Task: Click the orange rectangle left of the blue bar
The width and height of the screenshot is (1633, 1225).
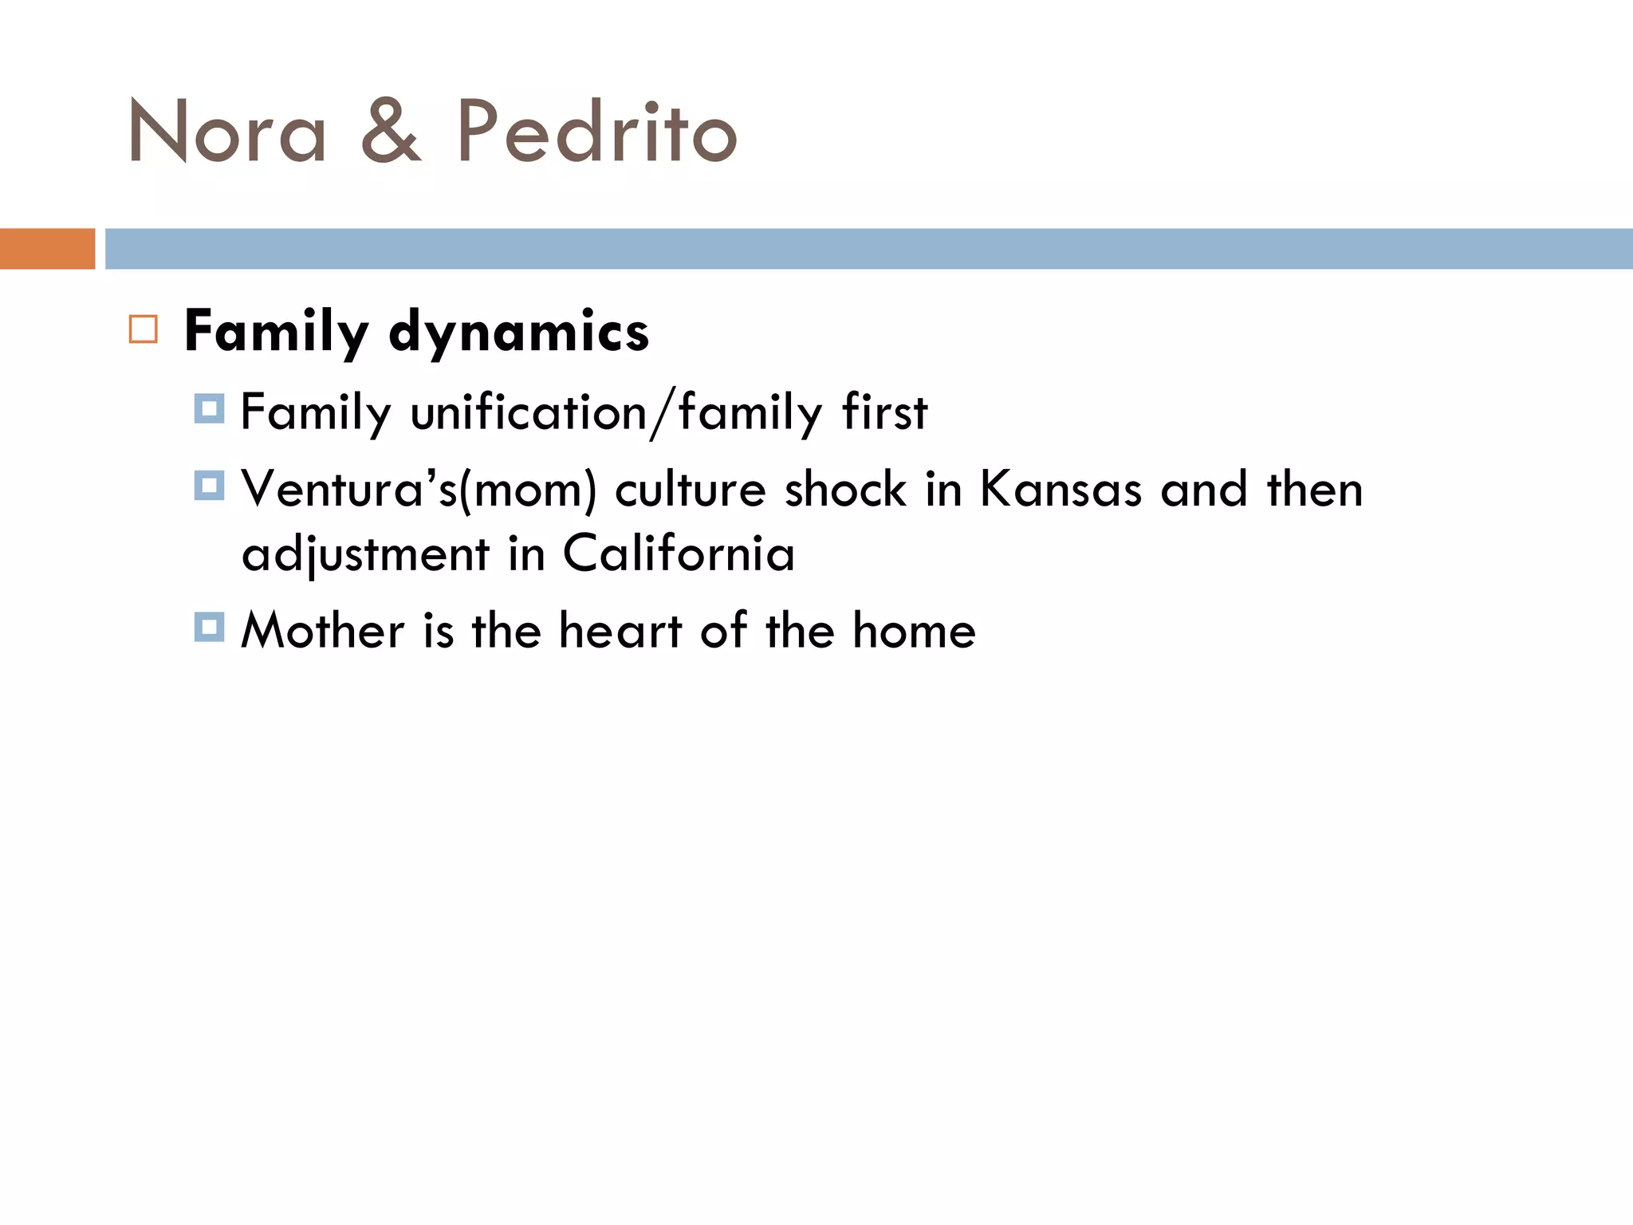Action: (47, 249)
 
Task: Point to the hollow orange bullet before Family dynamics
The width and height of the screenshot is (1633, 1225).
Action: (144, 329)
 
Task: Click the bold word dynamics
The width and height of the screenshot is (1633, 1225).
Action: (518, 332)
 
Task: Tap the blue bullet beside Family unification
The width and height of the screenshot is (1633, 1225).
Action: (209, 408)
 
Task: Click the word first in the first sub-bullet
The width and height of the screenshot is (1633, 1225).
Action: (884, 413)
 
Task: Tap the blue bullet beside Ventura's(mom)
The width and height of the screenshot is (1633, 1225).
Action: (209, 485)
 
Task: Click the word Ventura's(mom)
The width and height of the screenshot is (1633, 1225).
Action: (419, 490)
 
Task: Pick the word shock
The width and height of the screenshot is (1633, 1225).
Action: (845, 490)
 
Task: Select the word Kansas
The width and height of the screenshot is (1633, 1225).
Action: (1060, 490)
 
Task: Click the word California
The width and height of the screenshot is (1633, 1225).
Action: (679, 553)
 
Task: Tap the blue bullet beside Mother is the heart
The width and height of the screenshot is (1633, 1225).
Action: (209, 627)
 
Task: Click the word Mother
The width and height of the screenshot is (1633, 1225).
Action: (322, 631)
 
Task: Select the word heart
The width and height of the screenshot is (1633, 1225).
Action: (620, 631)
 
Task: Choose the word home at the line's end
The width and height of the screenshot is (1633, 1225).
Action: (914, 631)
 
